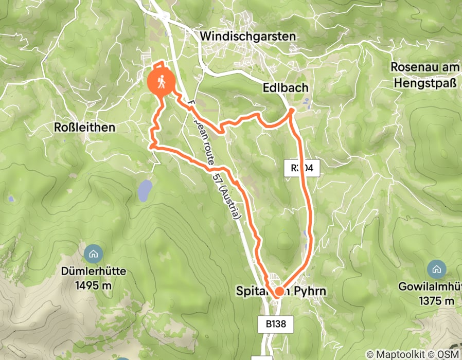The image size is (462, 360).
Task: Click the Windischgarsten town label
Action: coord(248,37)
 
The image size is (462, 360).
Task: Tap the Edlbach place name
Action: coord(288,88)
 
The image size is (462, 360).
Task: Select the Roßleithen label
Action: coord(84,127)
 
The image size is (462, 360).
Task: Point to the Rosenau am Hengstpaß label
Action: coord(424,75)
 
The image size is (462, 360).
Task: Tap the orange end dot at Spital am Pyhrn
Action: coord(279,292)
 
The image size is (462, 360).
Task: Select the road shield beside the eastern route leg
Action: coord(302,168)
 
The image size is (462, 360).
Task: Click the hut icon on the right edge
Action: coord(436,268)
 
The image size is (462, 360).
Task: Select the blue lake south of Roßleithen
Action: coord(145,190)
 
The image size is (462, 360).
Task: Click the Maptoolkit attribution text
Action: coord(397,354)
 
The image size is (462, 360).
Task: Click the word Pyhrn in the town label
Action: coord(310,292)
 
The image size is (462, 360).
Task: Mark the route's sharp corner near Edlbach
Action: coord(291,110)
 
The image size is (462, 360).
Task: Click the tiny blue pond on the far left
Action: coord(11,198)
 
